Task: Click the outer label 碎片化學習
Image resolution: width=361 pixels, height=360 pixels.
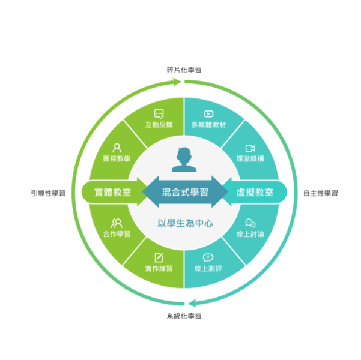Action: click(x=184, y=70)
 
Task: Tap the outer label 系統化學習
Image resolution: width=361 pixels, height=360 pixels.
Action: click(x=184, y=316)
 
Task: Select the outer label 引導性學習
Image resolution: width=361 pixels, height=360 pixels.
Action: click(x=48, y=193)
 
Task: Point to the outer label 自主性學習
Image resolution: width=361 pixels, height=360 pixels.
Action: click(x=321, y=193)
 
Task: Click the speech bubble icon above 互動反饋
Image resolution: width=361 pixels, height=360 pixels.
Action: click(x=159, y=114)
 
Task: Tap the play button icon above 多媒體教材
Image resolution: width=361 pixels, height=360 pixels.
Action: click(x=208, y=114)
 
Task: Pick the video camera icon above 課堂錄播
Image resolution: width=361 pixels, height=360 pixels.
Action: click(x=250, y=148)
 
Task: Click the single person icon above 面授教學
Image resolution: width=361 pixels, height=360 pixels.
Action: click(x=117, y=148)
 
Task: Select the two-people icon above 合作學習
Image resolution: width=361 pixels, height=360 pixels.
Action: click(x=117, y=223)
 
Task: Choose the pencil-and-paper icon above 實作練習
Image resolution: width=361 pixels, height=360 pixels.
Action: click(x=159, y=257)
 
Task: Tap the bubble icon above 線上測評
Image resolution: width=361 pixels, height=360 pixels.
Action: click(x=208, y=257)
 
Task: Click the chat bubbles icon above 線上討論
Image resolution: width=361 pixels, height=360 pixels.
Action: click(x=250, y=223)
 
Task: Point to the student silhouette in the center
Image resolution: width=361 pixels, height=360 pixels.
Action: click(x=184, y=160)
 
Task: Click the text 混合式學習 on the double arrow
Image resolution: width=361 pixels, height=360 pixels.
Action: click(x=185, y=193)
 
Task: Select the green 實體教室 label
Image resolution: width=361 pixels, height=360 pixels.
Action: click(x=112, y=193)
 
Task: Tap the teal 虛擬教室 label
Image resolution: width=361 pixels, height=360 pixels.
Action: click(x=255, y=193)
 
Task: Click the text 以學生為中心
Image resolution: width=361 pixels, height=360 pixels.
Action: click(x=185, y=223)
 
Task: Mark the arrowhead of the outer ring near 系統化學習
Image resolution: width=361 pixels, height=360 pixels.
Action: click(x=191, y=304)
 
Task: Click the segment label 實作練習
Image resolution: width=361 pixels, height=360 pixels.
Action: click(x=159, y=268)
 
